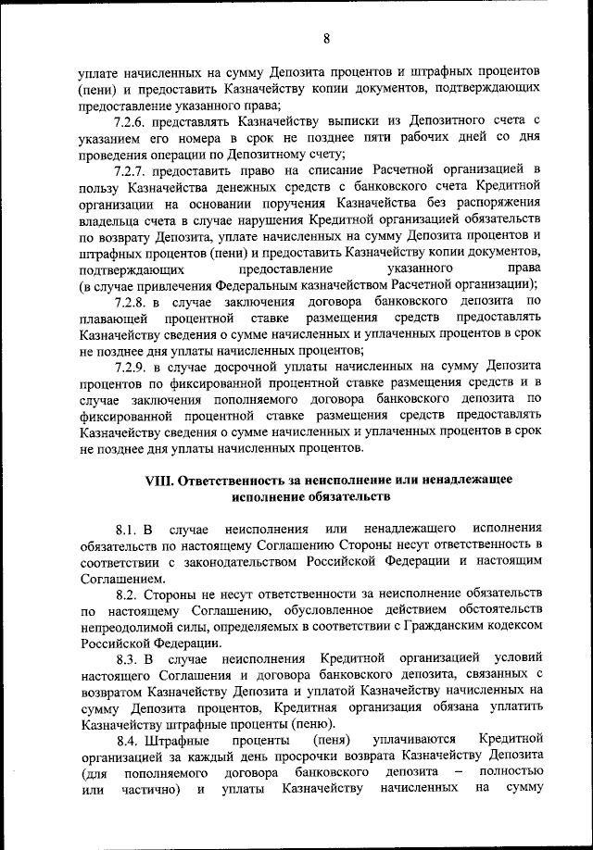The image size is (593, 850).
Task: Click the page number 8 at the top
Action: (x=326, y=38)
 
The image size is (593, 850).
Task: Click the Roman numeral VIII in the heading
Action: (x=158, y=481)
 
